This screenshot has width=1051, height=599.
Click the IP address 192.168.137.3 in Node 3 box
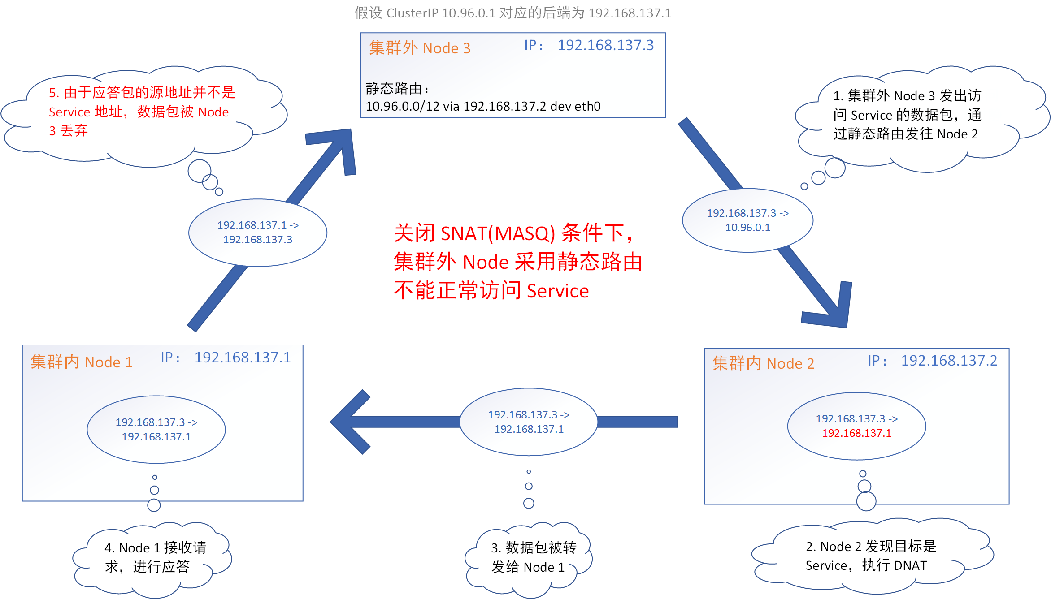point(605,45)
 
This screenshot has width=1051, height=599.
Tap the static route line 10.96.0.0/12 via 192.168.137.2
point(483,106)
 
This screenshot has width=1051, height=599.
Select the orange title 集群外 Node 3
point(419,48)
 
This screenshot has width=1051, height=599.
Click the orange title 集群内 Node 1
point(81,362)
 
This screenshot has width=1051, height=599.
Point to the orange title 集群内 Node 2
point(763,363)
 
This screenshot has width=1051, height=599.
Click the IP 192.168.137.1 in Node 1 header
point(243,358)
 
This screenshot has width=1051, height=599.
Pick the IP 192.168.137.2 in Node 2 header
point(949,361)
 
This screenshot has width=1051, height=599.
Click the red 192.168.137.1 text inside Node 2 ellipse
point(856,433)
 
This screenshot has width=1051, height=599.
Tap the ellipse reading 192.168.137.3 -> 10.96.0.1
point(747,220)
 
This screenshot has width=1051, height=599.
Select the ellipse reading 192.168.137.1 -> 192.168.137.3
point(257,233)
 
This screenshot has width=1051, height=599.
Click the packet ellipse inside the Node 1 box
point(156,429)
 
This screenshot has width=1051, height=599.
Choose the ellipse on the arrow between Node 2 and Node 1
point(529,422)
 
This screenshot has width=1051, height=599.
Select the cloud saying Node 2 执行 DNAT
point(870,556)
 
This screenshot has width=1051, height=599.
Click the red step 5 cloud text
point(141,112)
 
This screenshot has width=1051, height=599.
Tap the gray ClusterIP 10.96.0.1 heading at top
point(512,13)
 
